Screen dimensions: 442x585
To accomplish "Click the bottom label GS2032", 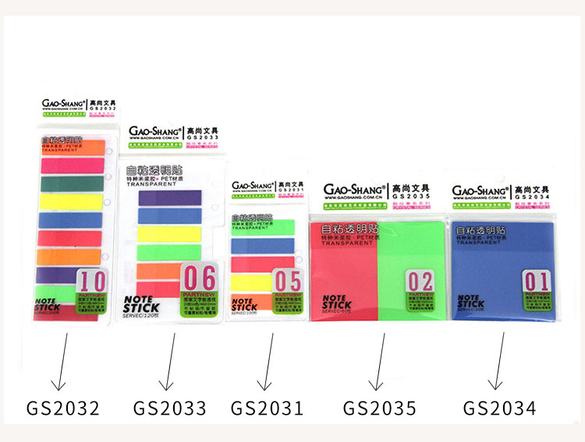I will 63,408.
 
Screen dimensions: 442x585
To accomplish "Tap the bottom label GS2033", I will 169,408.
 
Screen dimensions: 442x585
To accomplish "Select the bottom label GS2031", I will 267,408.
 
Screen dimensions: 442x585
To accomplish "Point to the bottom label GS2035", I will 380,408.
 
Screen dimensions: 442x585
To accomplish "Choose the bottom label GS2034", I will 499,408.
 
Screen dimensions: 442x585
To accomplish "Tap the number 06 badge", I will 199,279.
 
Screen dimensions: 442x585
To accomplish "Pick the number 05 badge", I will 287,282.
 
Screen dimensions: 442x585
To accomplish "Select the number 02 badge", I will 420,280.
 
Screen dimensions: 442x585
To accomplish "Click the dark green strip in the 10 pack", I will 70,184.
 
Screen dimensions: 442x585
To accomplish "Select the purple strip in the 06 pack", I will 169,198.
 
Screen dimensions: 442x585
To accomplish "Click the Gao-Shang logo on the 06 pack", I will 155,133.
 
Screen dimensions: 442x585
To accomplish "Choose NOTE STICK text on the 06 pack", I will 145,304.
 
